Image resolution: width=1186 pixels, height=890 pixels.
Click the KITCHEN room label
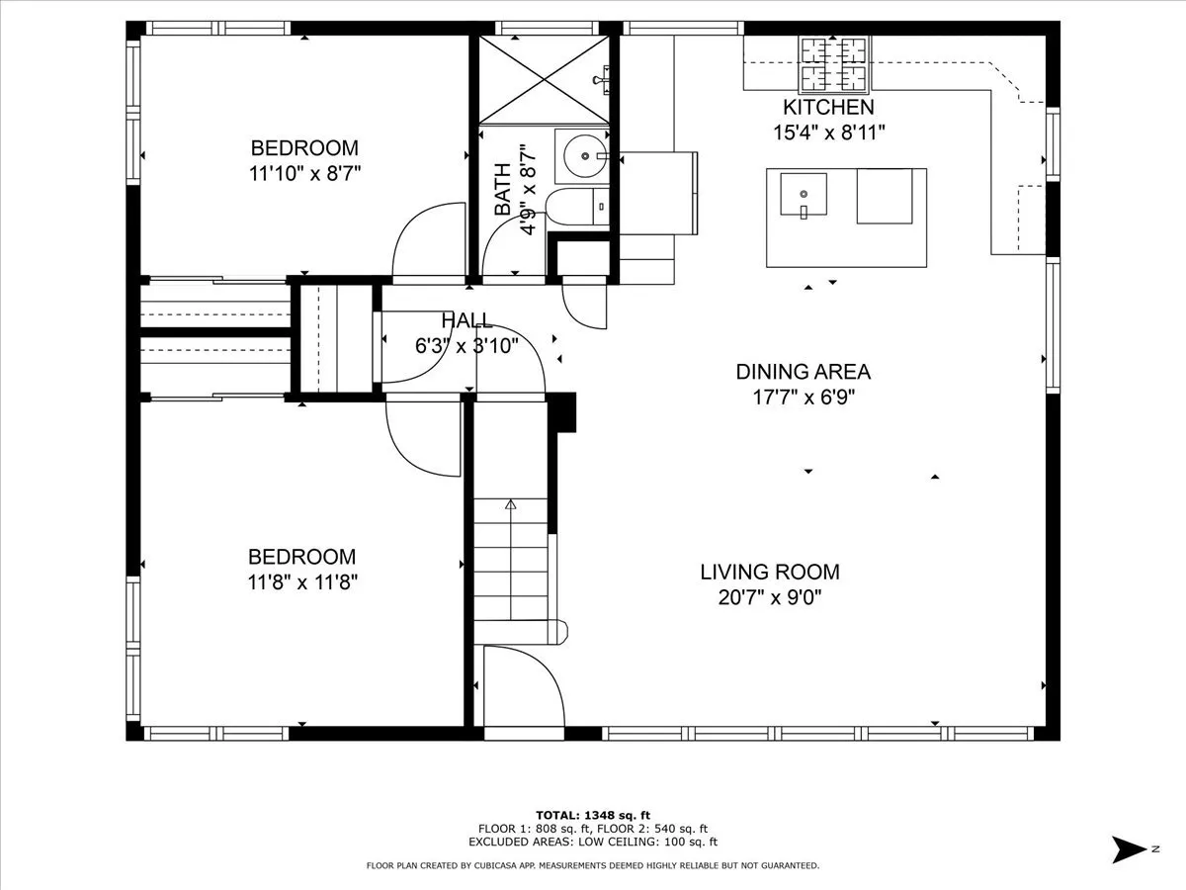click(828, 107)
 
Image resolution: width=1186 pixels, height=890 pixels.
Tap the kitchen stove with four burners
click(835, 63)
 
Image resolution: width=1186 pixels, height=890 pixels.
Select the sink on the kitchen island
click(804, 195)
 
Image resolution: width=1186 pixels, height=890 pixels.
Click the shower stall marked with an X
click(545, 80)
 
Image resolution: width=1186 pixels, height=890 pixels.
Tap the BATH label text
click(502, 189)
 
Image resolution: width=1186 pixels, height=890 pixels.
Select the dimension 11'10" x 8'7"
click(304, 173)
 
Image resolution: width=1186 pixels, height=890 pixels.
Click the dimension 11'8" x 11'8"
click(302, 582)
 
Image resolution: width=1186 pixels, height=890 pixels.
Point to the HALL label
click(466, 320)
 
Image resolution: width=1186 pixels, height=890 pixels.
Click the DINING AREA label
click(803, 372)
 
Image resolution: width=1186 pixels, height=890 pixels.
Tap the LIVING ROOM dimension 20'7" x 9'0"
click(770, 597)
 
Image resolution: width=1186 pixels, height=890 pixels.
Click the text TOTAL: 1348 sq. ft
click(593, 816)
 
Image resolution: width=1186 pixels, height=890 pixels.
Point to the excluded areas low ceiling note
click(593, 842)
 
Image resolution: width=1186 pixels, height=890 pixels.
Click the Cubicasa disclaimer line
click(593, 865)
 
